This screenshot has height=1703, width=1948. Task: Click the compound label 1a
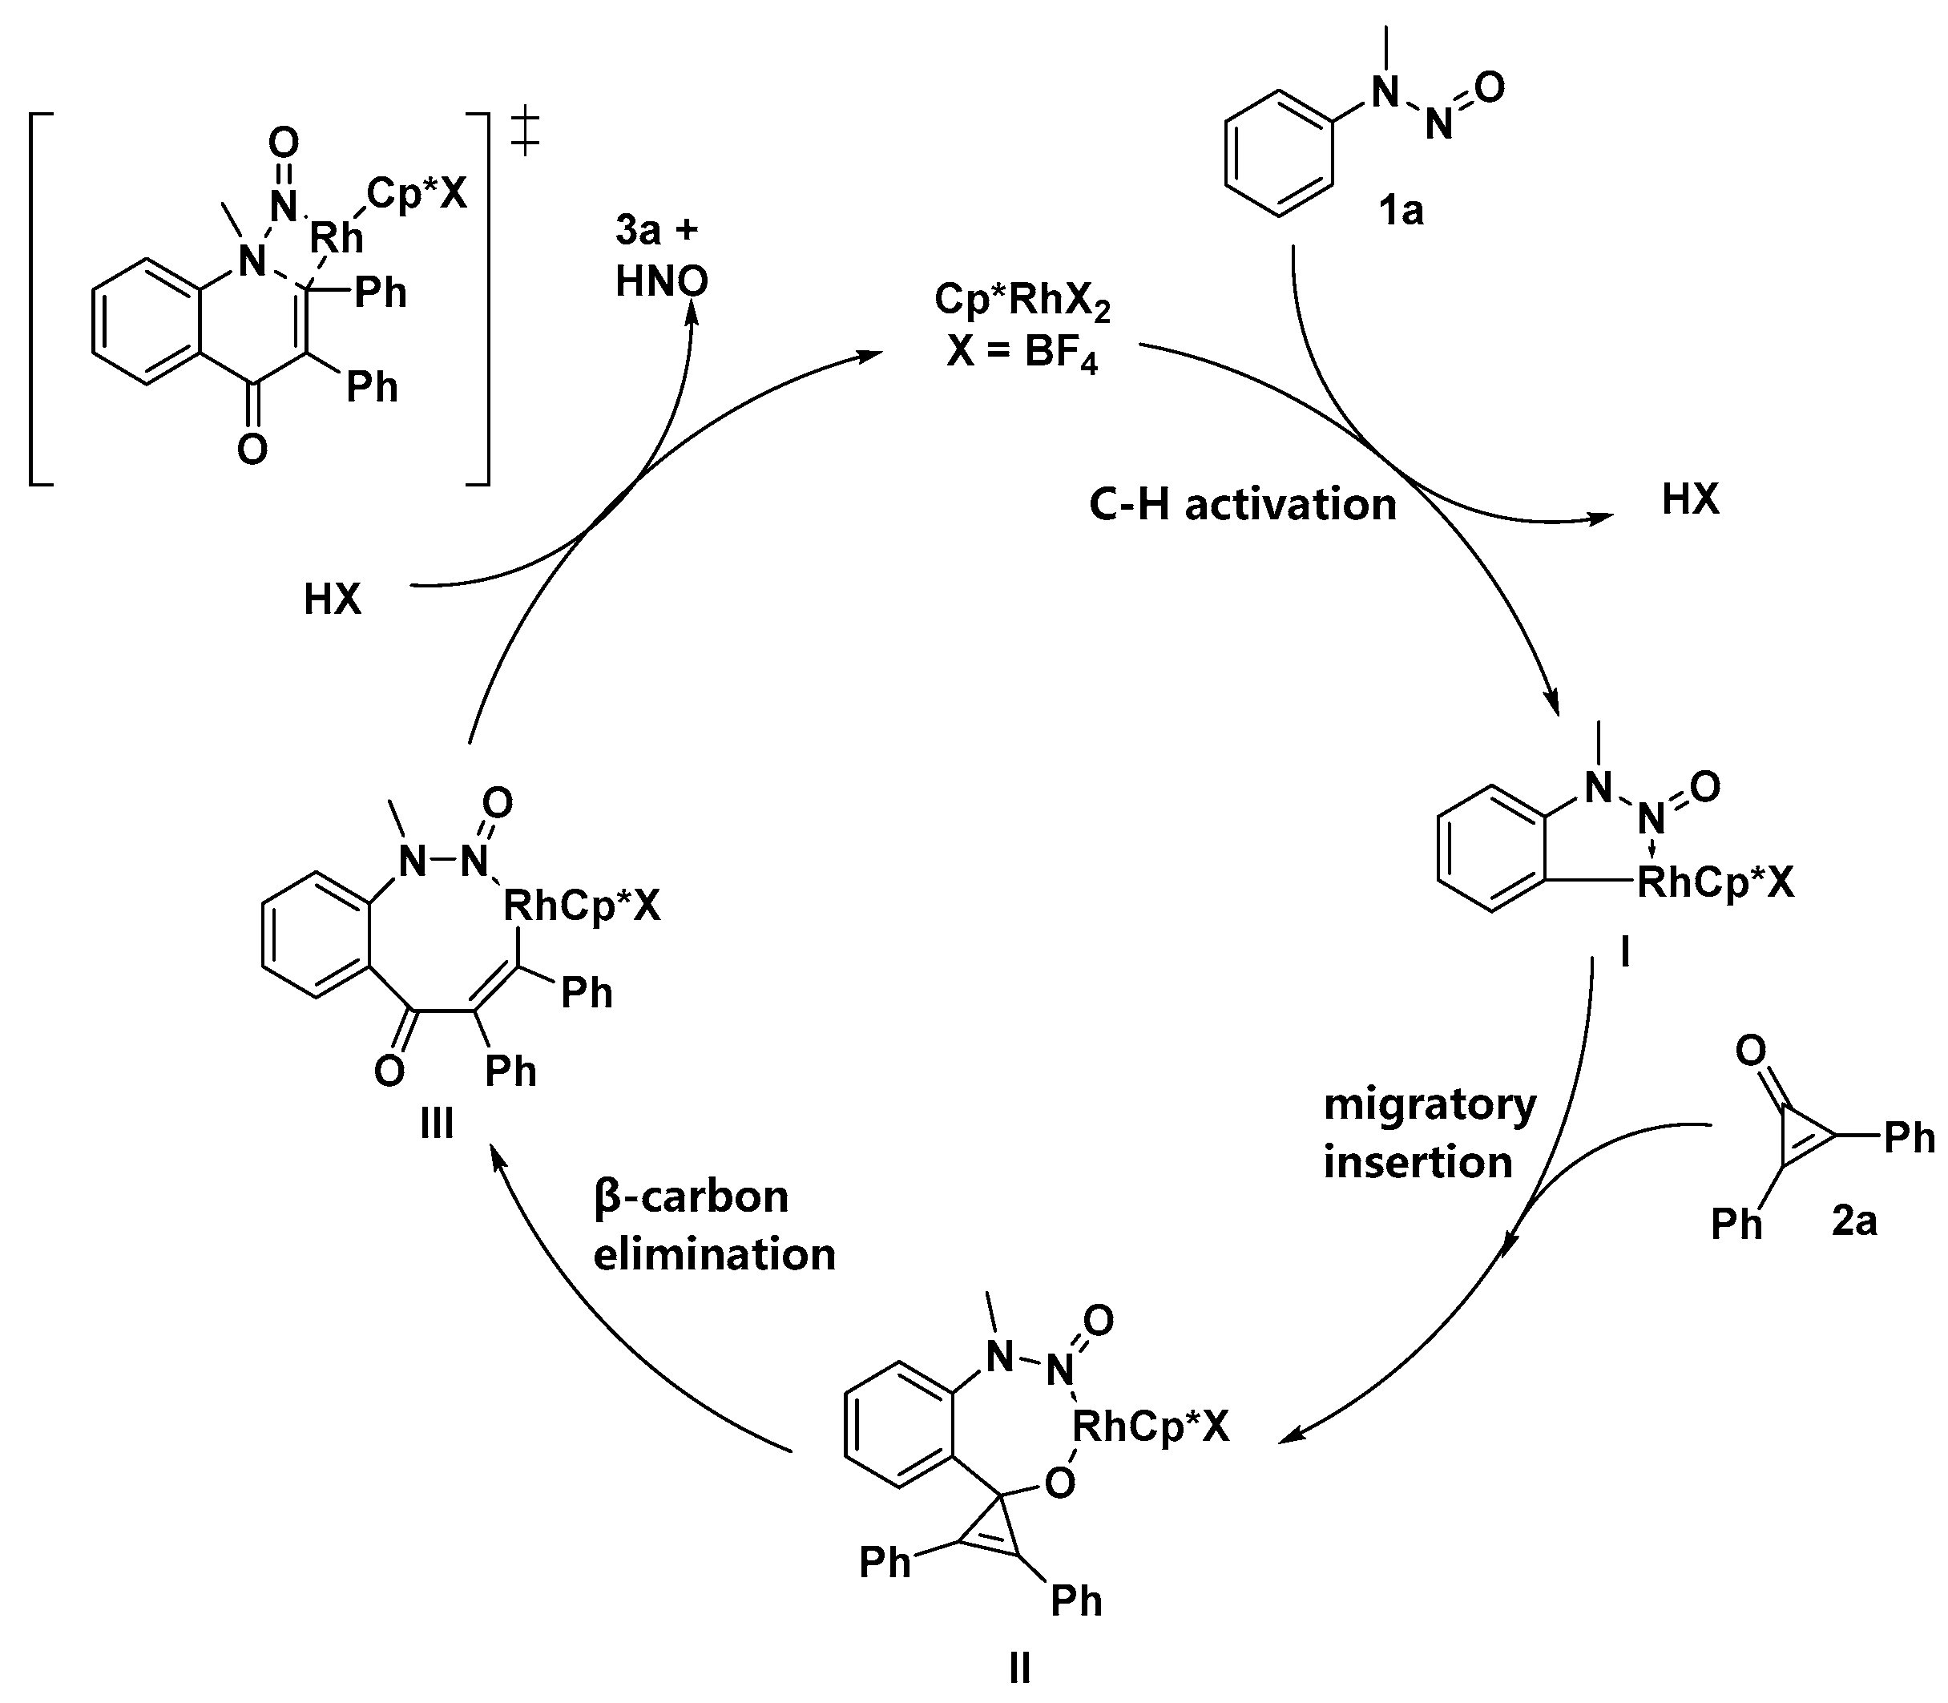pyautogui.click(x=1402, y=211)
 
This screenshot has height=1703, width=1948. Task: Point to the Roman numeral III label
pyautogui.click(x=436, y=1124)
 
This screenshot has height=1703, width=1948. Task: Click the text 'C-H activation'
pyautogui.click(x=1242, y=505)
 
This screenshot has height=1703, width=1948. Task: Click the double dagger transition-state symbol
pyautogui.click(x=525, y=133)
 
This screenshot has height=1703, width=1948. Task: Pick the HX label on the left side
pyautogui.click(x=333, y=600)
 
